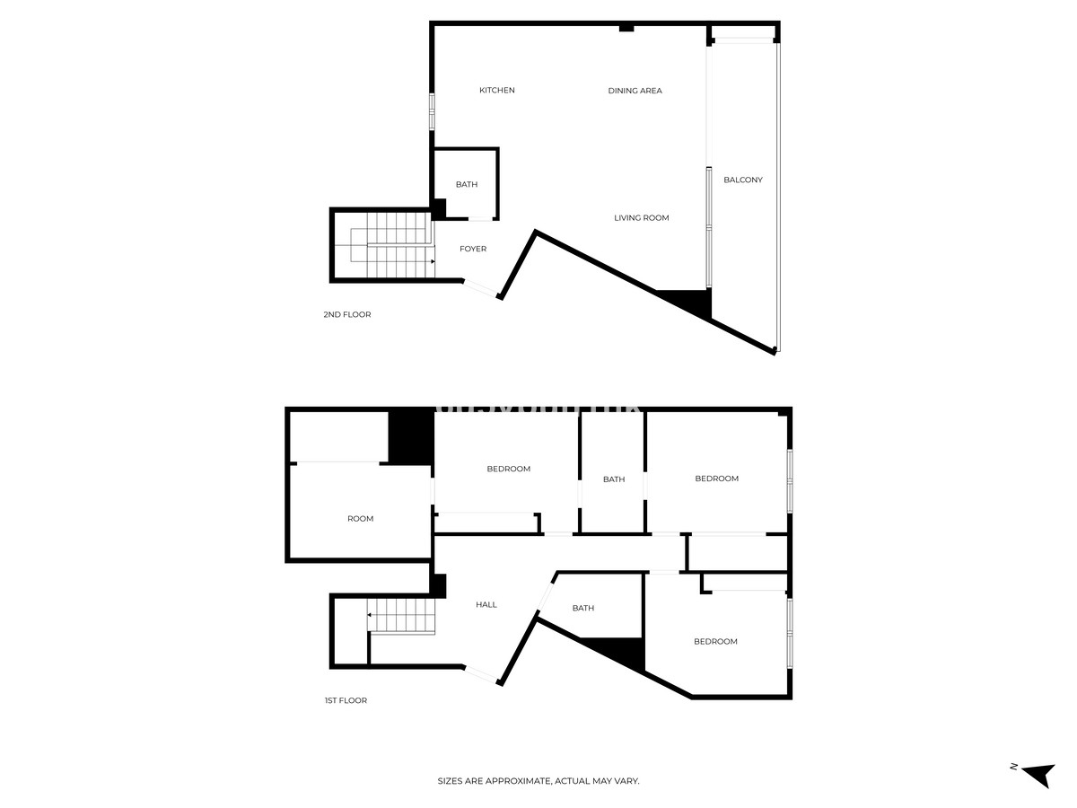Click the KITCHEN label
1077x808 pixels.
tap(496, 91)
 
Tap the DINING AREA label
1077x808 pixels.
tap(635, 91)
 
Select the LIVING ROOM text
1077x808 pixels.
tap(641, 218)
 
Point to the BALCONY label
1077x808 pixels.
tap(743, 180)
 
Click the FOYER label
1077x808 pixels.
tap(472, 249)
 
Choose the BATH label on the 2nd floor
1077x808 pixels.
tap(466, 184)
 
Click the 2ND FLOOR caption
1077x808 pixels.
tap(347, 314)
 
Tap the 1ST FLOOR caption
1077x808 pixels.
tap(346, 700)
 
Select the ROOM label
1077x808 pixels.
tap(360, 519)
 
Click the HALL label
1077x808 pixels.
tap(486, 604)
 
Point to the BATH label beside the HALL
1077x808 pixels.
tap(582, 608)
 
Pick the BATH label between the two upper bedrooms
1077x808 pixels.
tap(613, 479)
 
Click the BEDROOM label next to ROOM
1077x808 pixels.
tap(508, 469)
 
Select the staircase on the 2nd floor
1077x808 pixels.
tap(392, 244)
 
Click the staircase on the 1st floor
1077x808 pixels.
tap(401, 616)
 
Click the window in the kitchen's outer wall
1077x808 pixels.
tap(432, 111)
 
